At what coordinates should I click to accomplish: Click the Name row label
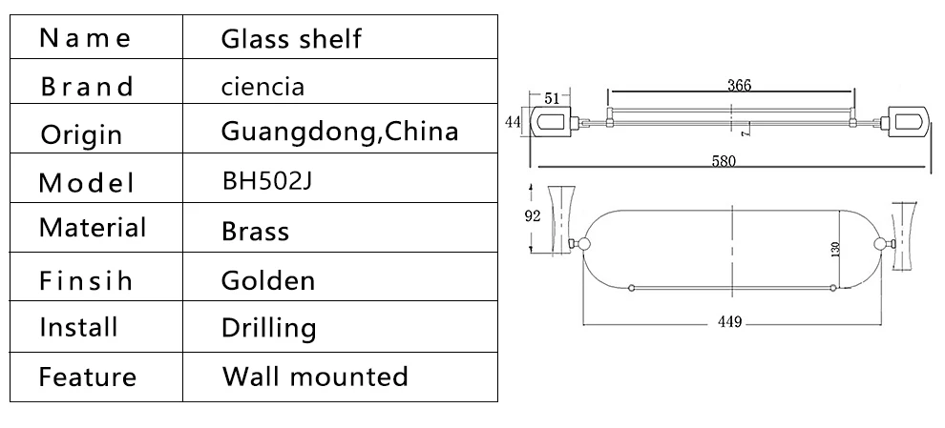click(84, 38)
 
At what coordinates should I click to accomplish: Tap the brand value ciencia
click(262, 88)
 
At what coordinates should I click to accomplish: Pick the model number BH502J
click(267, 180)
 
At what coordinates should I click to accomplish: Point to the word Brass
click(256, 231)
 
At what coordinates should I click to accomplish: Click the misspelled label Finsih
click(86, 280)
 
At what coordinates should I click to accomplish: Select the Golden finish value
click(268, 280)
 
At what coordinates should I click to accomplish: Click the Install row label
click(78, 328)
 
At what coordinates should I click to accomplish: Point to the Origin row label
click(81, 134)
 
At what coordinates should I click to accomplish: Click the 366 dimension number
click(739, 85)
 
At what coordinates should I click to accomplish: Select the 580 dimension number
click(724, 161)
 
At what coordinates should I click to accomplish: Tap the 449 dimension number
click(729, 322)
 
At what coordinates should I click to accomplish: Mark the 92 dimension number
click(533, 216)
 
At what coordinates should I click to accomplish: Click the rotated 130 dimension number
click(835, 249)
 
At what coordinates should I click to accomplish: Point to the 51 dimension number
click(552, 98)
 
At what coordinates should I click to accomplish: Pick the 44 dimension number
click(513, 122)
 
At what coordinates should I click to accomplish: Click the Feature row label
click(88, 377)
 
